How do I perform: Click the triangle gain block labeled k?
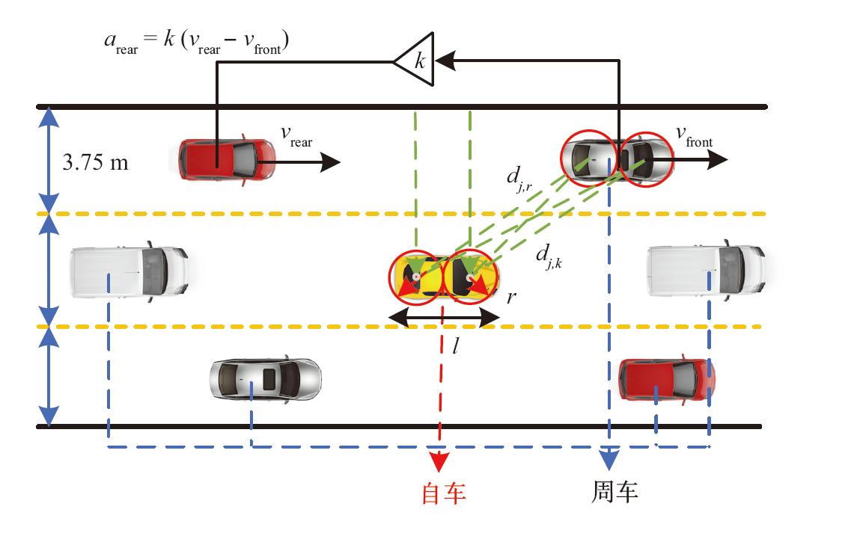[415, 58]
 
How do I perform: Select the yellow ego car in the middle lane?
[442, 277]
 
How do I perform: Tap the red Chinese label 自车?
[444, 493]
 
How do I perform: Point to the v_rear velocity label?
[296, 135]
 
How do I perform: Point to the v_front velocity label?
[694, 135]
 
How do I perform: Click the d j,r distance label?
[518, 179]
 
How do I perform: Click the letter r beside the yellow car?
[511, 296]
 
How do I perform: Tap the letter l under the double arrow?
[455, 345]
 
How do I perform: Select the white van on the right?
[705, 271]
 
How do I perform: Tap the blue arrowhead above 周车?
[610, 458]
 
